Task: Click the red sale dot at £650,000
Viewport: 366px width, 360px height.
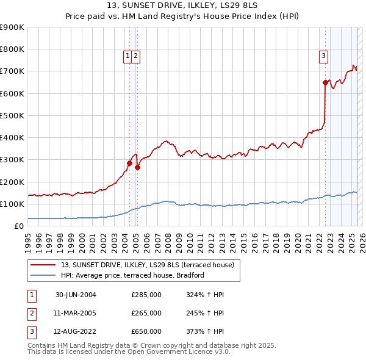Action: pyautogui.click(x=325, y=82)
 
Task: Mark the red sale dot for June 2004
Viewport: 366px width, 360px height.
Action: pyautogui.click(x=129, y=163)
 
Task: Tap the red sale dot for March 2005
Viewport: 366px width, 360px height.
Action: pyautogui.click(x=137, y=167)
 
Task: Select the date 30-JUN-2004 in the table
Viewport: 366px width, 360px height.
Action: pyautogui.click(x=76, y=295)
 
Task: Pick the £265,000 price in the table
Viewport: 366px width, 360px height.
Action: pyautogui.click(x=146, y=313)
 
